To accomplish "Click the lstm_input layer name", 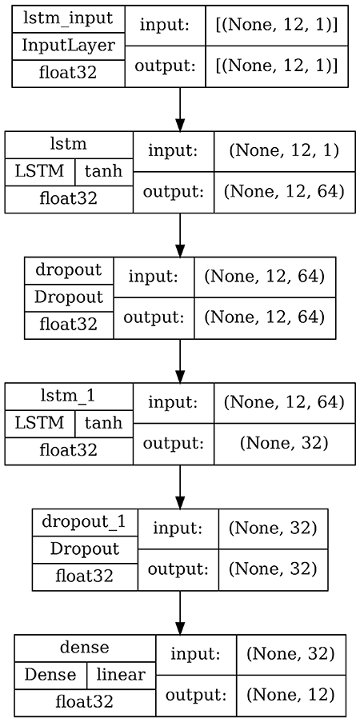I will pos(68,18).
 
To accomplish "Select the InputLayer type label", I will pos(68,45).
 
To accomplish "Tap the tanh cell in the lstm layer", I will pos(104,172).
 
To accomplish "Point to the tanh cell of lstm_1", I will pos(104,423).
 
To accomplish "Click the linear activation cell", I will pos(121,674).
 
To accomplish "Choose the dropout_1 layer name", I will pos(84,522).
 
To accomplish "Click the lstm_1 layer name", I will pos(69,396).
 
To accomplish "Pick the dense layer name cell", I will pos(84,647).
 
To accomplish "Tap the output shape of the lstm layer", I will pos(285,193).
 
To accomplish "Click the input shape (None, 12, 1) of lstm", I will pos(285,151).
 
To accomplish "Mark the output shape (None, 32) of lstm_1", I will pos(285,444).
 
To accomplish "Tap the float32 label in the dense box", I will pos(84,702).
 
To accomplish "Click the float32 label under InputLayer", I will pos(68,72).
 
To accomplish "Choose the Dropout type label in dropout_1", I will pos(84,549).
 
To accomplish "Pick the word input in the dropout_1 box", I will pos(178,528).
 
